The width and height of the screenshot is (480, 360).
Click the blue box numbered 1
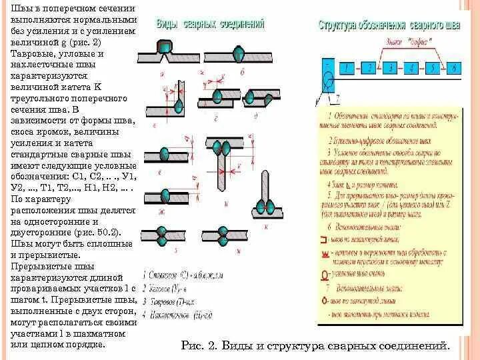pos(347,67)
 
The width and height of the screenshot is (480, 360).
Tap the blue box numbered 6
pos(454,67)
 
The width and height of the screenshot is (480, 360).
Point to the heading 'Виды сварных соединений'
pos(210,24)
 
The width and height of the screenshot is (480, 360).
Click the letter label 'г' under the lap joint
pos(217,118)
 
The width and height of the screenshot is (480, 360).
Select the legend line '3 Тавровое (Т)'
pos(170,301)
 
